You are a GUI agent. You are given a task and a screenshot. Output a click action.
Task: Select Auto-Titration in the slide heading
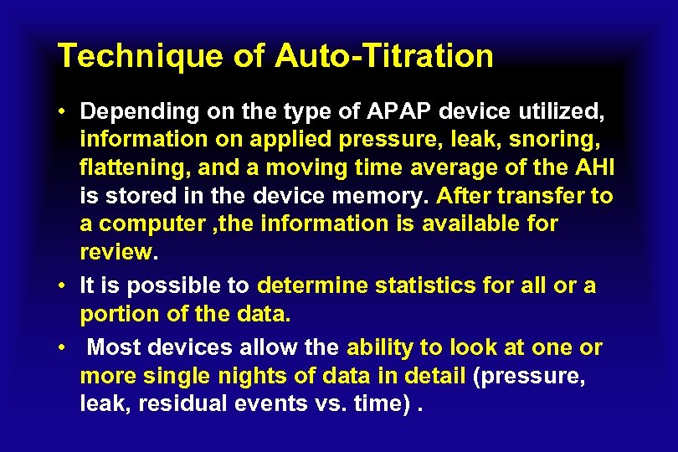[384, 56]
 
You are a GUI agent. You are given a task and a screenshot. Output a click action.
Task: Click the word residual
[180, 404]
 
